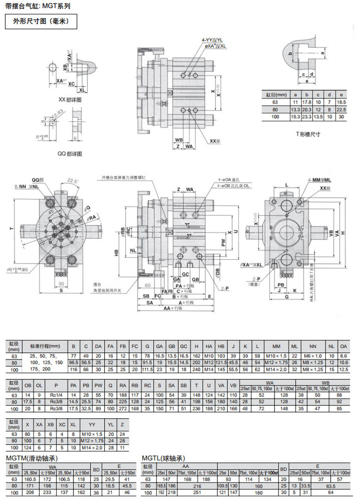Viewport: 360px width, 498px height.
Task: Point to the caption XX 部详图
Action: (70, 99)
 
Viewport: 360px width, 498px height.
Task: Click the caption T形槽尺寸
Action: (308, 134)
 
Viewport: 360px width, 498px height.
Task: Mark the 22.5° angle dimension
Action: (72, 181)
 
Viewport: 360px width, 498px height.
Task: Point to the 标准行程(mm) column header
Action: (45, 346)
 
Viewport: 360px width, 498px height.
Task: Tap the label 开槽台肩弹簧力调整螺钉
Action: (126, 177)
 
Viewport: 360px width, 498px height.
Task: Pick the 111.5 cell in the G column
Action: (147, 370)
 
